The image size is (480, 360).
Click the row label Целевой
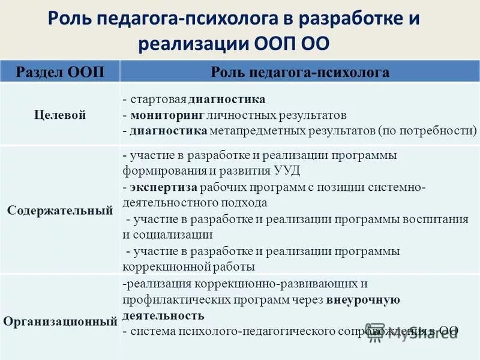coord(60,115)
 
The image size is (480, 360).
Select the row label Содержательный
coord(60,211)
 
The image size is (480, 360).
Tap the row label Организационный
coord(60,321)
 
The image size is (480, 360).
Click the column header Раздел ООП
coord(60,73)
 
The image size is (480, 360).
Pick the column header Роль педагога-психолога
coord(300,73)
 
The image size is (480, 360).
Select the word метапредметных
coord(252,130)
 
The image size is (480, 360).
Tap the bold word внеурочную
coord(363,298)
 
